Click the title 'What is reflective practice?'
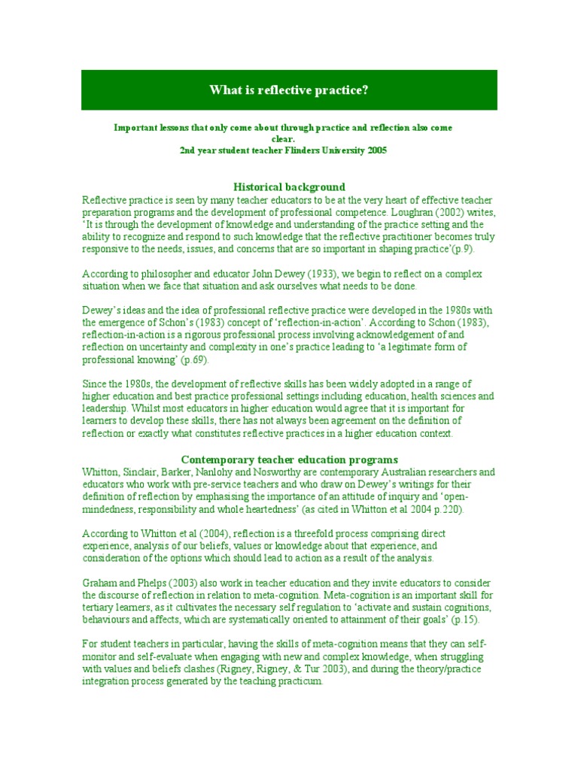(289, 90)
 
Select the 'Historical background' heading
(289, 186)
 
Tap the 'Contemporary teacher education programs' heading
(290, 459)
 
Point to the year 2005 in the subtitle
(376, 150)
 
